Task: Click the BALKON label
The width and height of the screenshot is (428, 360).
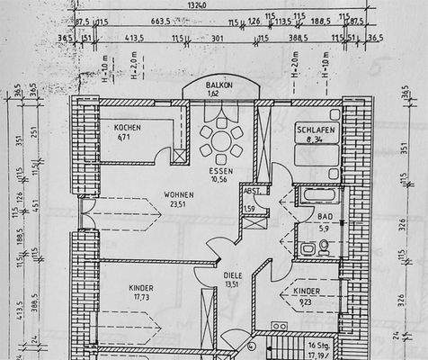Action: click(218, 83)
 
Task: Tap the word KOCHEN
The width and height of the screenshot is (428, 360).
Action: click(128, 128)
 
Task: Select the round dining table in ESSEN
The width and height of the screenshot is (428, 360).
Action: click(221, 140)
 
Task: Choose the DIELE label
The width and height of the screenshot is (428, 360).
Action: click(233, 276)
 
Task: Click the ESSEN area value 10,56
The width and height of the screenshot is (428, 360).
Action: click(220, 178)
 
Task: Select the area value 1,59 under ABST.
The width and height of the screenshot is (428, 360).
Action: click(249, 209)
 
